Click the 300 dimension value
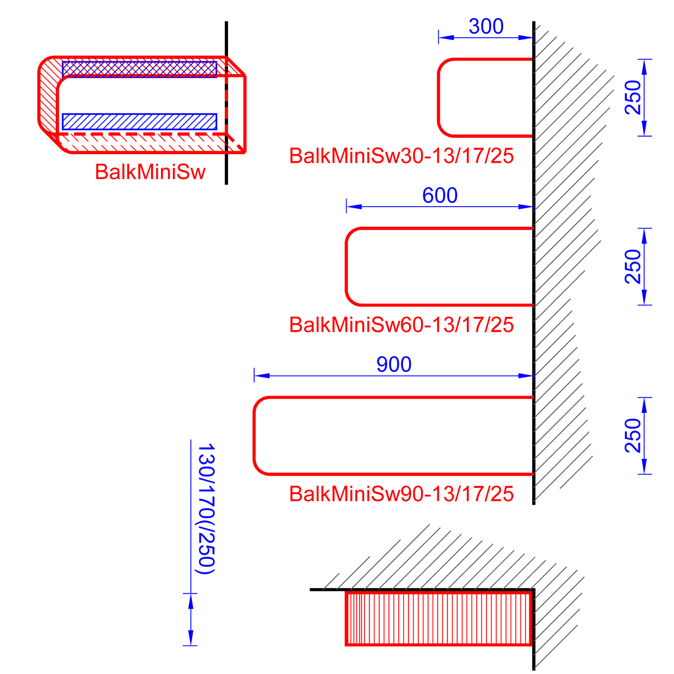tap(486, 27)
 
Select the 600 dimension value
tap(440, 195)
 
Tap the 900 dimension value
tap(394, 364)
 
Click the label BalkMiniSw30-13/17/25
tap(401, 156)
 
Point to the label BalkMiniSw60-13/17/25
tap(401, 325)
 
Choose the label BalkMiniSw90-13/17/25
tap(401, 493)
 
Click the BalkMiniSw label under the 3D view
tap(150, 172)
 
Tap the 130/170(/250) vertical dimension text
tap(206, 509)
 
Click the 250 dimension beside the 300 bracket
tap(633, 97)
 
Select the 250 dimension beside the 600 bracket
tap(633, 266)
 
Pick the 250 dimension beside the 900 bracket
tap(633, 435)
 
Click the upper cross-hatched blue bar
tap(139, 69)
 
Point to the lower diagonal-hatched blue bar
tap(139, 121)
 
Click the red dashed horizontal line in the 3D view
tap(140, 134)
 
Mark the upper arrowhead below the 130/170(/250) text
tap(190, 602)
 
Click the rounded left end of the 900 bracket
tap(255, 436)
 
